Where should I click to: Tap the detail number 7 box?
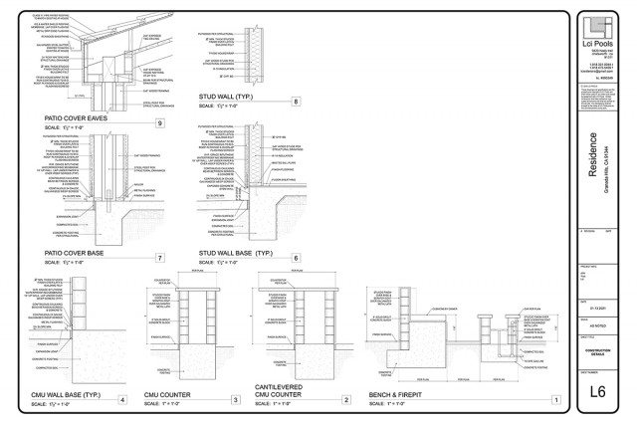coord(160,257)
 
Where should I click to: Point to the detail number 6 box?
coord(296,257)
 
